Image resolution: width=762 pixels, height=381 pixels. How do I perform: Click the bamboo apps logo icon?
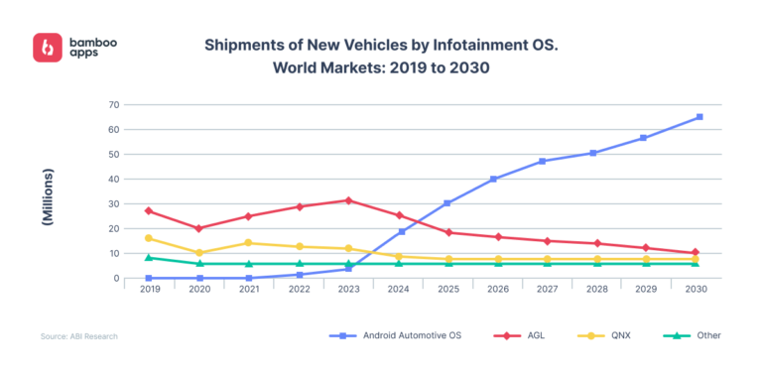(x=48, y=48)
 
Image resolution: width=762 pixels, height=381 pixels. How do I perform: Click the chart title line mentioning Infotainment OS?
(x=347, y=46)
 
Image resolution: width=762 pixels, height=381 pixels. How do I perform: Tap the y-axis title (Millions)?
(x=48, y=197)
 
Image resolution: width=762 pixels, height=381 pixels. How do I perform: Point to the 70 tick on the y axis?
(x=114, y=104)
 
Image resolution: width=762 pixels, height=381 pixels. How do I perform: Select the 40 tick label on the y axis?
(x=114, y=179)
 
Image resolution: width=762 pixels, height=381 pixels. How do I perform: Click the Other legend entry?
(x=698, y=336)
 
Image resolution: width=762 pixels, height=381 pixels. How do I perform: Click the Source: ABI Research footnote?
(x=79, y=336)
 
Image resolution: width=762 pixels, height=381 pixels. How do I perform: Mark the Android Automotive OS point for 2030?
(x=699, y=117)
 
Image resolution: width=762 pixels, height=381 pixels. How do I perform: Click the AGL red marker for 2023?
(x=348, y=200)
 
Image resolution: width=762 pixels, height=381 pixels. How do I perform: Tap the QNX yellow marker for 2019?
(x=149, y=238)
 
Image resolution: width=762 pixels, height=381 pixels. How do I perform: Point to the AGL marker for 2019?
(x=149, y=210)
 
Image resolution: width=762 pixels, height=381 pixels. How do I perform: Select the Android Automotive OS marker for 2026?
(x=493, y=179)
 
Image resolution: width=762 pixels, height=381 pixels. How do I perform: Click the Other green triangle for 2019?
(x=149, y=257)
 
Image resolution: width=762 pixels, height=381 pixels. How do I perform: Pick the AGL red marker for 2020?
(x=198, y=228)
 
